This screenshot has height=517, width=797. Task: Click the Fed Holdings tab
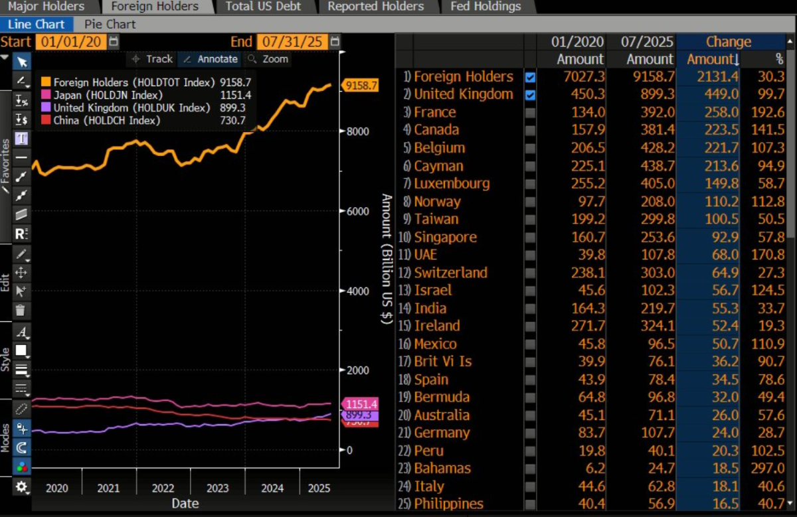(485, 7)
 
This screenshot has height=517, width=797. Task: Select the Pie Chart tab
(110, 25)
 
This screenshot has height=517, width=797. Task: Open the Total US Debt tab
(263, 7)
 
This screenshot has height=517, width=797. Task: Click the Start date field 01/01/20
(70, 42)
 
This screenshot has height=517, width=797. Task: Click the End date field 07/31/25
(292, 42)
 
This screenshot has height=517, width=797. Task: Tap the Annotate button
(211, 59)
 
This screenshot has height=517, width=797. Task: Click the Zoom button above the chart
(268, 59)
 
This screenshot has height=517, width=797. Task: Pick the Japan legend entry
(100, 96)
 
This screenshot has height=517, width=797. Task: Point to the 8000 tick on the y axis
(356, 131)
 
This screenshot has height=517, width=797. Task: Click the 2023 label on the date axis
(217, 488)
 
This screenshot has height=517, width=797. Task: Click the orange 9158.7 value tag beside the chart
(361, 86)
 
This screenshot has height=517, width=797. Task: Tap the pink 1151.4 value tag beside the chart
(361, 404)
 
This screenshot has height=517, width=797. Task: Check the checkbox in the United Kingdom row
(530, 95)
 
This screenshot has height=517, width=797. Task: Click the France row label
(434, 112)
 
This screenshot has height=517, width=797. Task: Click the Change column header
(728, 42)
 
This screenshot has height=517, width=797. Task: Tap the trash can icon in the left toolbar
(21, 310)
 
